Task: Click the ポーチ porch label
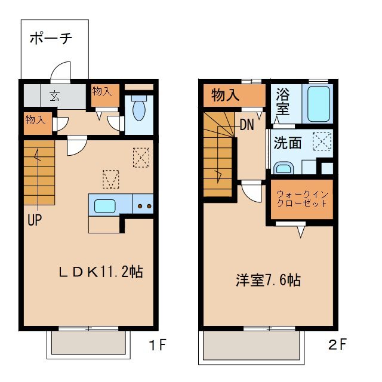pyautogui.click(x=51, y=39)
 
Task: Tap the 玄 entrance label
pyautogui.click(x=54, y=95)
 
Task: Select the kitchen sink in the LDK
pyautogui.click(x=104, y=207)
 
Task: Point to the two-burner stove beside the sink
pyautogui.click(x=143, y=207)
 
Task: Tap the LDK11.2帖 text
pyautogui.click(x=100, y=272)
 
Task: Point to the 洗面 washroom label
pyautogui.click(x=288, y=143)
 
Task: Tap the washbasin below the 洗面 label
pyautogui.click(x=284, y=168)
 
